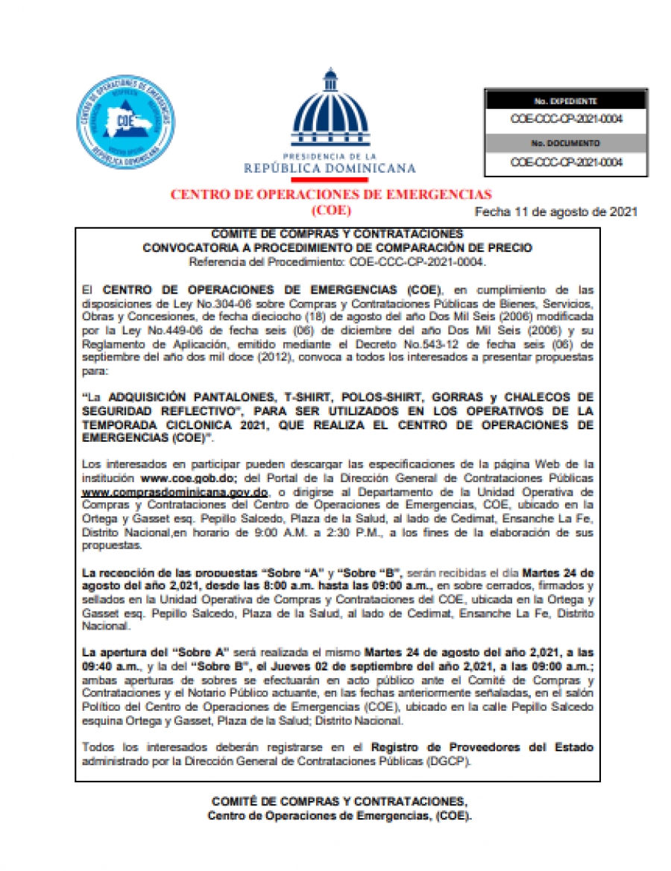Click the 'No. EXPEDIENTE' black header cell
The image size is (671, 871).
point(565,101)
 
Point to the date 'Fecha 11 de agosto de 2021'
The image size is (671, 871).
point(555,212)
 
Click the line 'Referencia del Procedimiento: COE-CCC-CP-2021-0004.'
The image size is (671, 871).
point(337,262)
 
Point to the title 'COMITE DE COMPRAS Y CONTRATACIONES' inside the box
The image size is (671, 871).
point(337,235)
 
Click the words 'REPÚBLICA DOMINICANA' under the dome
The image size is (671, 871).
point(330,168)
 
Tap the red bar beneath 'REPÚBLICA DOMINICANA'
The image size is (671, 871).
point(329,180)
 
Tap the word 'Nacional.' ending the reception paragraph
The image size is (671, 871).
point(103,627)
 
